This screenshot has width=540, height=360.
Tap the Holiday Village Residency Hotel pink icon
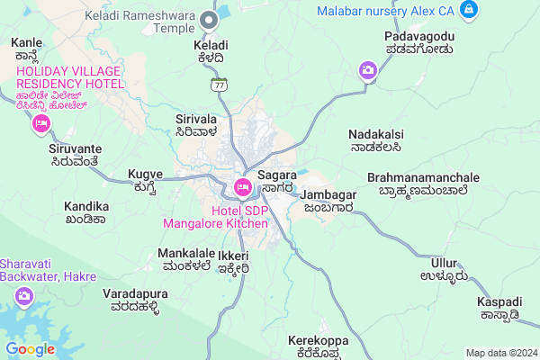(40, 124)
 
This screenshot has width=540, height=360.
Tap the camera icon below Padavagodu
(367, 70)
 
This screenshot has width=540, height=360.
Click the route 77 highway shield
(218, 85)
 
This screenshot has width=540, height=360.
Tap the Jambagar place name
(329, 194)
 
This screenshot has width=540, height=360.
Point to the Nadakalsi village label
(374, 134)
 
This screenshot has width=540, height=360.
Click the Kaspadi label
(499, 299)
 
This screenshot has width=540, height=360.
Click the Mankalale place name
(184, 254)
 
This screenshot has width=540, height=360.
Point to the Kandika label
(86, 206)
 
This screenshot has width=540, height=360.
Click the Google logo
(30, 349)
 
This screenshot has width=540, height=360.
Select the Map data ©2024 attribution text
(499, 353)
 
